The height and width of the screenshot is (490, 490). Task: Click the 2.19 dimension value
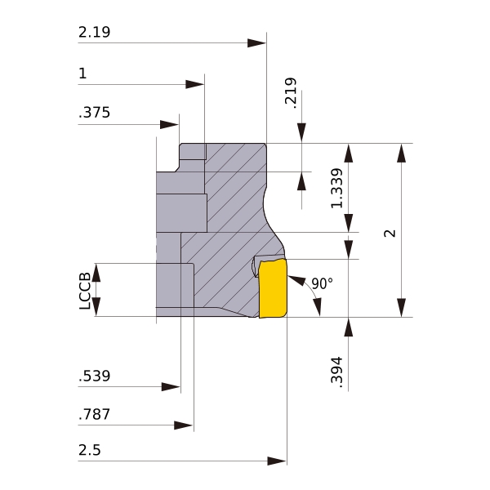94,32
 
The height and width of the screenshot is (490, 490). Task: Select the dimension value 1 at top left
82,73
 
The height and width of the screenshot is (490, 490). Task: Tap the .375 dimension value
94,113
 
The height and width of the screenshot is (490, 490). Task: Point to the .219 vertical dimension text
290,93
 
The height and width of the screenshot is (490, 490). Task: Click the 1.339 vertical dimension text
336,188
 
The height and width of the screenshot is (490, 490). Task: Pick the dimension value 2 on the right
390,233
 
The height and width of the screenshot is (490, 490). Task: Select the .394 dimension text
336,372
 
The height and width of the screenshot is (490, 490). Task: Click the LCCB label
85,291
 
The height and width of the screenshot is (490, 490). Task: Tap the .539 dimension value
94,376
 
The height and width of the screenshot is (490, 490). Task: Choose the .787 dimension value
94,414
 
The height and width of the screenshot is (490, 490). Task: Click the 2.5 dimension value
89,450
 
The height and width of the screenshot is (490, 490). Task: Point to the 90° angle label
323,283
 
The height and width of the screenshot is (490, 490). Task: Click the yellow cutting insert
273,288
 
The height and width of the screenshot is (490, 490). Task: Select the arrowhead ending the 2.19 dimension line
256,42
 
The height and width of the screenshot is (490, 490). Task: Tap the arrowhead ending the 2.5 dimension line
277,461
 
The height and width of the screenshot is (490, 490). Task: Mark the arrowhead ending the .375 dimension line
169,124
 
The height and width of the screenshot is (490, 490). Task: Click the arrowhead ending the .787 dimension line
184,425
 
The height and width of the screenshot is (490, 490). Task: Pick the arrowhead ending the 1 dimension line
194,84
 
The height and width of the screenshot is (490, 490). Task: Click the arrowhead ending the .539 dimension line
171,387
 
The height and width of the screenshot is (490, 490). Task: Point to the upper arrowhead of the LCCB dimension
96,273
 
